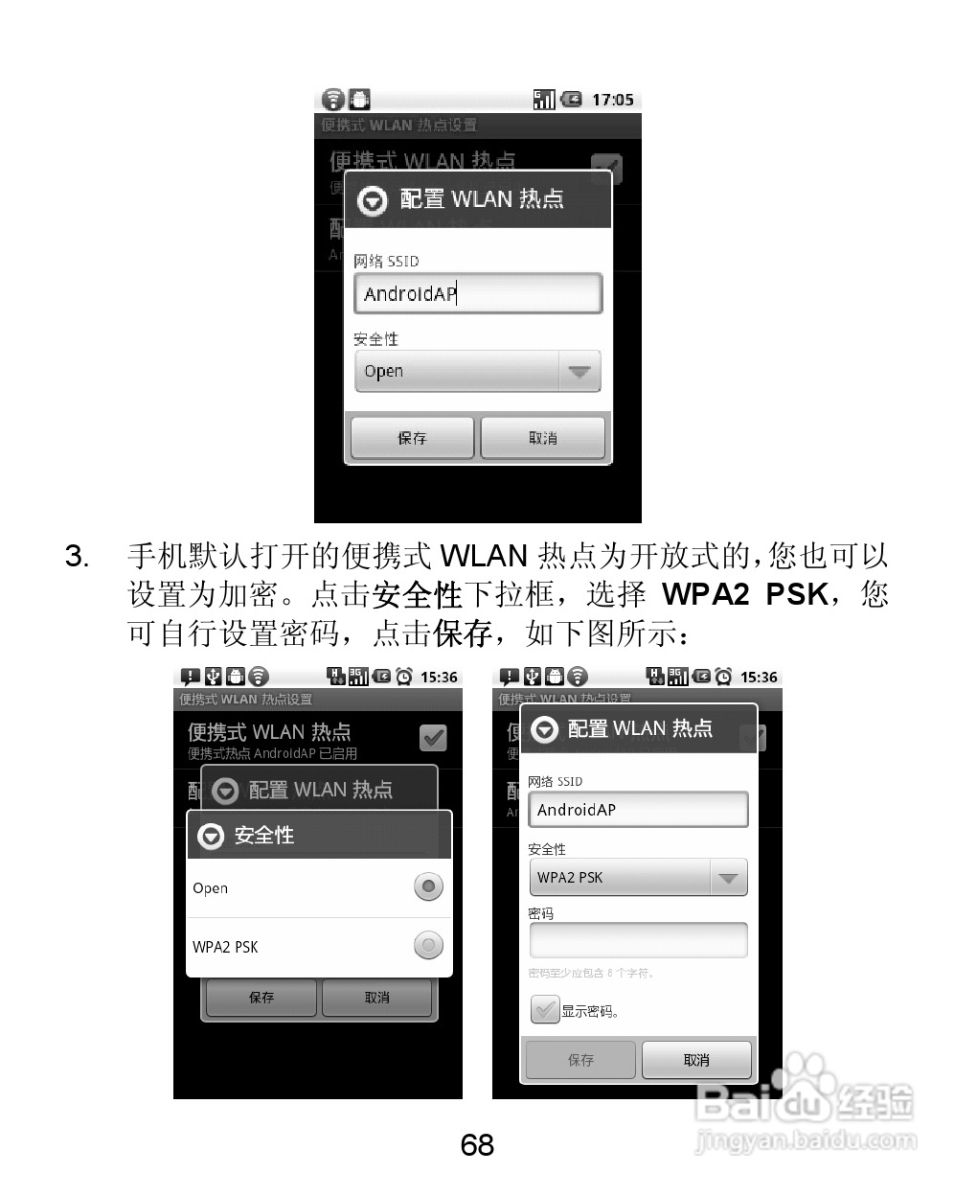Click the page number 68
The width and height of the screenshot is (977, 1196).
click(x=477, y=1144)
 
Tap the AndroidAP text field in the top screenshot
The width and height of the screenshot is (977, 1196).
click(x=477, y=293)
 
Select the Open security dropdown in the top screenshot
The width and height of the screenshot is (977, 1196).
click(x=477, y=372)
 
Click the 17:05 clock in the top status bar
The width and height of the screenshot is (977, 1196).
click(x=612, y=100)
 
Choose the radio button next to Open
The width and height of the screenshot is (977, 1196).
click(x=428, y=887)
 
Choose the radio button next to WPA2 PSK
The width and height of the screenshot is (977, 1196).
click(x=428, y=947)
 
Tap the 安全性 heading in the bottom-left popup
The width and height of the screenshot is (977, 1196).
click(x=264, y=836)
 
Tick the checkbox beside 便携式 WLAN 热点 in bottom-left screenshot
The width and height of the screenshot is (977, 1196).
click(x=434, y=738)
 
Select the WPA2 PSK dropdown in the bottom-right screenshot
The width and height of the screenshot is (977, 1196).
click(x=638, y=878)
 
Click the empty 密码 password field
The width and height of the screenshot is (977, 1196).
click(x=638, y=940)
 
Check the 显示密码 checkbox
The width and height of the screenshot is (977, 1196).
click(x=545, y=1010)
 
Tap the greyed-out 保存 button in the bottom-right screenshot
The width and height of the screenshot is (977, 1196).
click(x=580, y=1060)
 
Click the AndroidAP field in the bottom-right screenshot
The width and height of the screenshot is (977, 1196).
click(x=638, y=810)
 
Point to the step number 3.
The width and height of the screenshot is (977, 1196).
click(x=77, y=556)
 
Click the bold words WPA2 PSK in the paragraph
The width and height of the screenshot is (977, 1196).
click(x=744, y=594)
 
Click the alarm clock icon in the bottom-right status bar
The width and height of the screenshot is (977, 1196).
click(x=723, y=678)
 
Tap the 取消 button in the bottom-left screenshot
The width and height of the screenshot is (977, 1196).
click(x=376, y=998)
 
